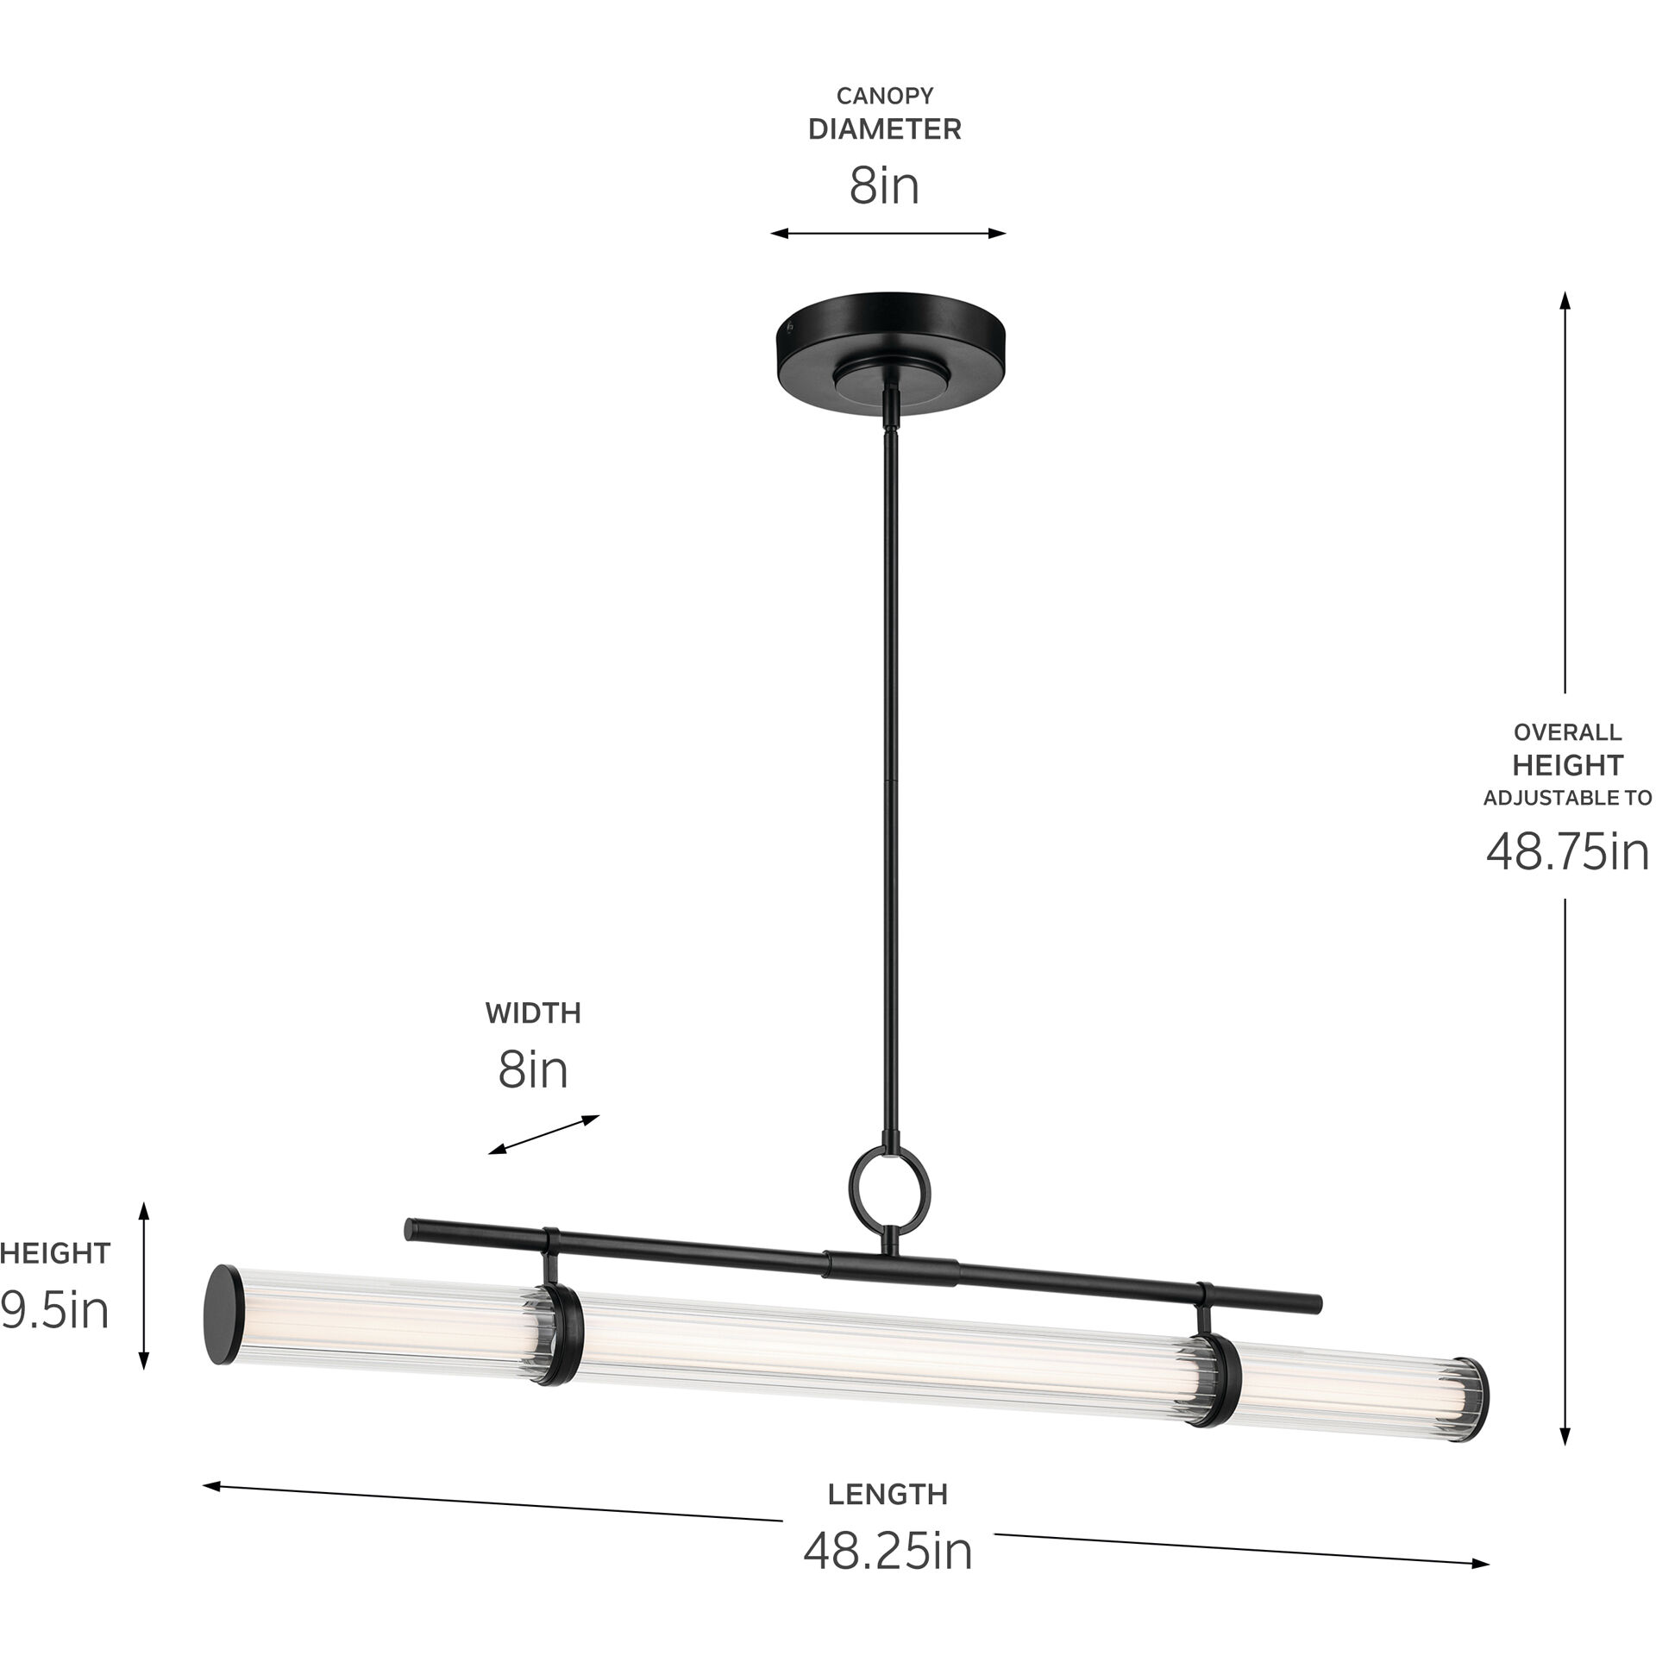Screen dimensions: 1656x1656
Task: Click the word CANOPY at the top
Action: [884, 96]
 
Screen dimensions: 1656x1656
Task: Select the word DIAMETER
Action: [884, 130]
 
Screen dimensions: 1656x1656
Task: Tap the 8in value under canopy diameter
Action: [884, 186]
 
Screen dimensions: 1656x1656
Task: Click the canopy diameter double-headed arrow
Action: [888, 233]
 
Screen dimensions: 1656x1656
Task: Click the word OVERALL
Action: [1567, 732]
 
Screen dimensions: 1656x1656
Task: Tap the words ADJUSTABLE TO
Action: [1567, 798]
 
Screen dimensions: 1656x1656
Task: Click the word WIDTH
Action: [533, 1013]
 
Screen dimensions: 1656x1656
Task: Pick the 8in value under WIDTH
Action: [533, 1070]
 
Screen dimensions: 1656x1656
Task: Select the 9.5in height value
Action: [53, 1311]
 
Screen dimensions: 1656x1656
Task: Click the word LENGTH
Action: [888, 1494]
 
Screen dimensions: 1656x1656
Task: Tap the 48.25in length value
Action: [888, 1552]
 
